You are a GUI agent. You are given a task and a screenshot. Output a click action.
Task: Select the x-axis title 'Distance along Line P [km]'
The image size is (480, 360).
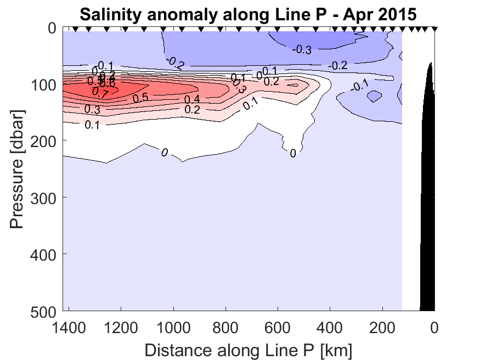point(249,349)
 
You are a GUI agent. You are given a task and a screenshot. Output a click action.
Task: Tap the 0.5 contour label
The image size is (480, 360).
point(140,98)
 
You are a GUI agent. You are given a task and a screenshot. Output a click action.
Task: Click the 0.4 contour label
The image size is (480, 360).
point(192,99)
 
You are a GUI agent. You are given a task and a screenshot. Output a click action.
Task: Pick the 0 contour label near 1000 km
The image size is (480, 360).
point(164,152)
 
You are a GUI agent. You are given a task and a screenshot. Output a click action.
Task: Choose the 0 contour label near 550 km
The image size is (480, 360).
point(293,154)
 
